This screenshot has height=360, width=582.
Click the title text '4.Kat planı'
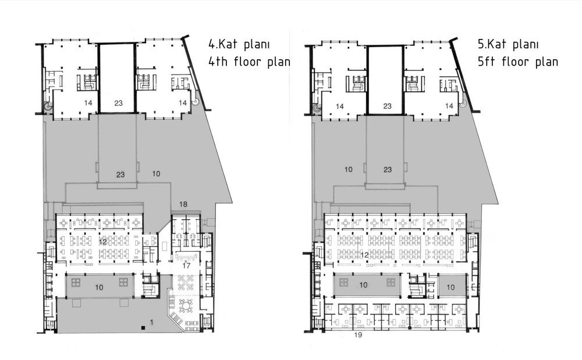pos(239,44)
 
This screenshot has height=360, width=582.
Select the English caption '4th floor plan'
pos(250,61)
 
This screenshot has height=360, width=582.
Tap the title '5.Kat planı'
pos(508,44)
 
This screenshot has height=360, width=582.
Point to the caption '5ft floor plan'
pos(518,61)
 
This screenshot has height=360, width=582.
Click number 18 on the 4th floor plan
pos(183,204)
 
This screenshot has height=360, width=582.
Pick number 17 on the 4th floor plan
pos(186,265)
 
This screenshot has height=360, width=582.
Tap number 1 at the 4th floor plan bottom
pos(151,323)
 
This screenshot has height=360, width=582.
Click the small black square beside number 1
pos(143,327)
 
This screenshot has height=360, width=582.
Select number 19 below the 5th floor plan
pos(358,335)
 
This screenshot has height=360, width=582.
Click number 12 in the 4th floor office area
pos(103,242)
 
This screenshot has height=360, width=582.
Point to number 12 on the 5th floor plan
pos(364,255)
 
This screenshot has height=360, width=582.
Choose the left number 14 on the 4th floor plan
pos(88,103)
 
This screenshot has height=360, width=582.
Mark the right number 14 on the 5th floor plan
pos(449,106)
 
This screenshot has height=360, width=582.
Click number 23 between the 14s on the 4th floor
pos(118,103)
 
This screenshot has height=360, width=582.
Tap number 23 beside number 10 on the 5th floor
pos(388,169)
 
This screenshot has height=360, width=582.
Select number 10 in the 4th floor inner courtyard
pos(99,287)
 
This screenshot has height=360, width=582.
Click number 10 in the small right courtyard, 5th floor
pos(450,287)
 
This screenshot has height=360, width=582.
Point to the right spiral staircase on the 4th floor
pos(195,102)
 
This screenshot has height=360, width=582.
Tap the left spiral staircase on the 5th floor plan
pos(316,109)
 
